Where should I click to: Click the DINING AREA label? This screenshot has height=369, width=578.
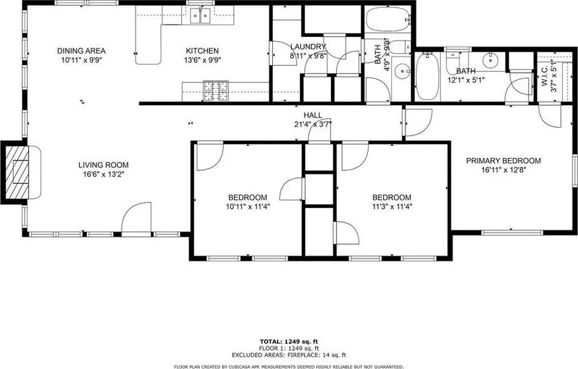81,50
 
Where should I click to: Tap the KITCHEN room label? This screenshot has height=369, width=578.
202,50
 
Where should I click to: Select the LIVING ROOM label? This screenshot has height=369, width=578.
104,165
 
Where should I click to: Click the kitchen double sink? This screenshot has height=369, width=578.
200,15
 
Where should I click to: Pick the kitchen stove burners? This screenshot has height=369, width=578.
216,91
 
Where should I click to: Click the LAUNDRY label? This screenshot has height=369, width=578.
308,47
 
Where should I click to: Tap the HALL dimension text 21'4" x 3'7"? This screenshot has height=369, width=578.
313,124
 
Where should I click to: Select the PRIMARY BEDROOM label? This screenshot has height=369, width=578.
504,161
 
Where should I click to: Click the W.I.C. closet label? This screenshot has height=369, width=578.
545,76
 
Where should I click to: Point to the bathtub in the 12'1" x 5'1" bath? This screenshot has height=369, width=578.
428,76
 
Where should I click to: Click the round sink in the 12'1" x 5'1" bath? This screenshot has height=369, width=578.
491,59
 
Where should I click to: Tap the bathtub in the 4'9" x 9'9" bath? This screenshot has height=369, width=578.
388,18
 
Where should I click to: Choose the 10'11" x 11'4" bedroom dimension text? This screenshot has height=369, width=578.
248,207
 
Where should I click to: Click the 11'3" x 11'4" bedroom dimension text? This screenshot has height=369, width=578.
391,207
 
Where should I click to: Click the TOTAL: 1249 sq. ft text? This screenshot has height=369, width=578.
289,341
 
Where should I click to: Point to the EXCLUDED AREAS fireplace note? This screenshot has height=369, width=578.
289,355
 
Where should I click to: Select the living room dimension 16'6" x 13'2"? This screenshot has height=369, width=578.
104,174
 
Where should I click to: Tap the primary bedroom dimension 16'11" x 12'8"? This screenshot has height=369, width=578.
504,170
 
